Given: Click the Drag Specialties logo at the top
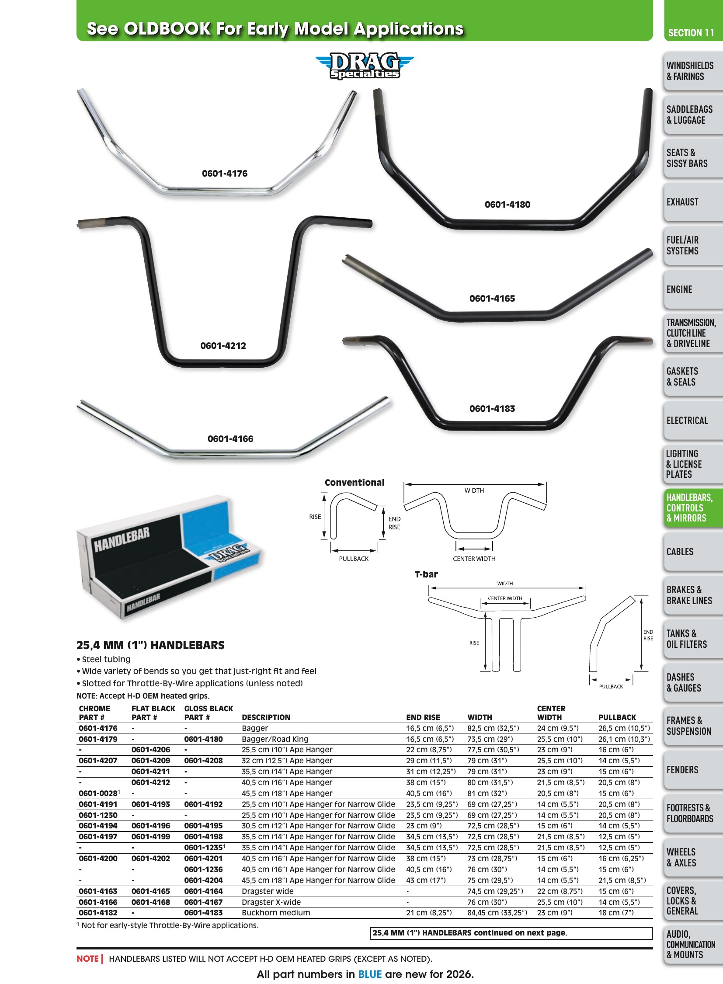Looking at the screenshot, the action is pyautogui.click(x=365, y=66).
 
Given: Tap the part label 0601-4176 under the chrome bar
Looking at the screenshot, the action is pyautogui.click(x=225, y=174).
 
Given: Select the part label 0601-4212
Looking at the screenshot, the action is pyautogui.click(x=223, y=345).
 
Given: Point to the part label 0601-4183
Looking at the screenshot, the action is pyautogui.click(x=492, y=408).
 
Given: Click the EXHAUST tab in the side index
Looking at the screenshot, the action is pyautogui.click(x=682, y=202).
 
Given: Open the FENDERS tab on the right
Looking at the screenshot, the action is pyautogui.click(x=682, y=769).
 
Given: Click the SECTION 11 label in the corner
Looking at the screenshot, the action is pyautogui.click(x=691, y=33).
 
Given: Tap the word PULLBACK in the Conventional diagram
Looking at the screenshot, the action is pyautogui.click(x=354, y=559).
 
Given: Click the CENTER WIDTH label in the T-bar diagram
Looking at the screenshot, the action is pyautogui.click(x=505, y=598).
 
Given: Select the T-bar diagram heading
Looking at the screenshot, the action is pyautogui.click(x=426, y=574).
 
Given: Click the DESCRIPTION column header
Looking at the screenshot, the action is pyautogui.click(x=266, y=717).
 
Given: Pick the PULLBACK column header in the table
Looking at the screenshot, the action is pyautogui.click(x=617, y=717).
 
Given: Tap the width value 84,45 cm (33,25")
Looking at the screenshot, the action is pyautogui.click(x=497, y=913).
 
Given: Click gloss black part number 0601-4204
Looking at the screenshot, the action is pyautogui.click(x=204, y=880).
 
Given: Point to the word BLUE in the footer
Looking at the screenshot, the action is pyautogui.click(x=370, y=974).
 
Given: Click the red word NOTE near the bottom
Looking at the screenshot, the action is pyautogui.click(x=87, y=959).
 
